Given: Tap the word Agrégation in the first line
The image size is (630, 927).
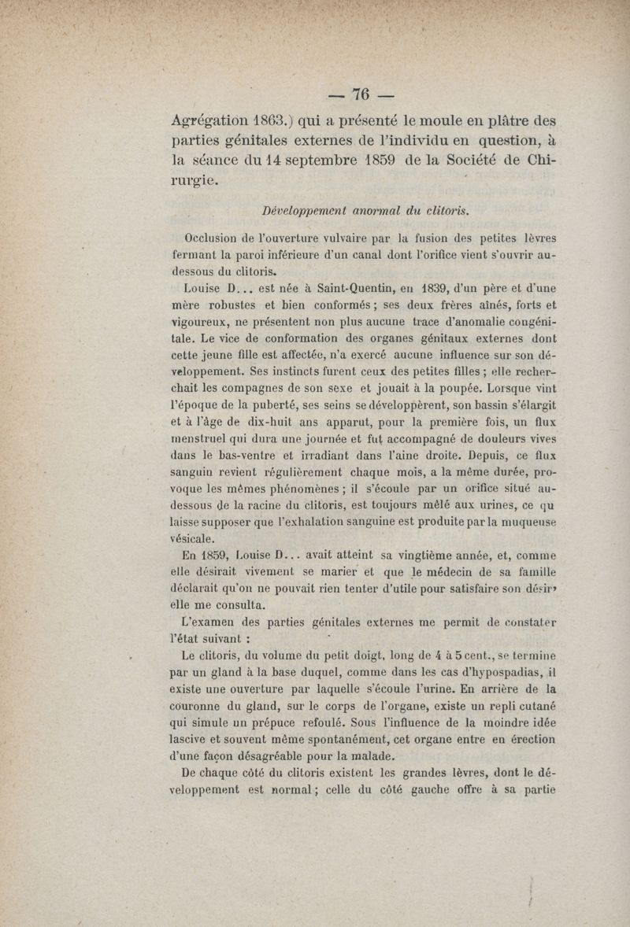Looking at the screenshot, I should coord(217,122).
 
